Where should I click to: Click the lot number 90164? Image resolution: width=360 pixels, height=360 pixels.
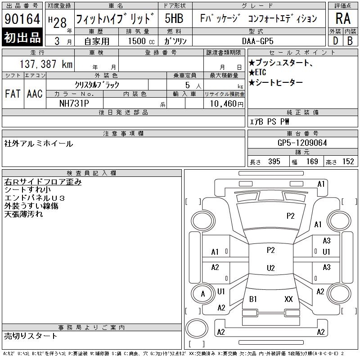coord(22,18)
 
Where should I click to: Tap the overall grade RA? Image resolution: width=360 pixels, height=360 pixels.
coord(343,18)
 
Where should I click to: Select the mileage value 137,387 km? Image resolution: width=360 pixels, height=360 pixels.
coord(46,64)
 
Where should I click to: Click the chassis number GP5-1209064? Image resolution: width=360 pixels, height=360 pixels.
coord(302,143)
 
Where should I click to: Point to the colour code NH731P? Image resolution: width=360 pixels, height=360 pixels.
coord(74,103)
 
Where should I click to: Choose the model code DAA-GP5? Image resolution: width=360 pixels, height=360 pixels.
coord(257,41)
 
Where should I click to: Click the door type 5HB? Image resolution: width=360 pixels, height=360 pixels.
coord(174,18)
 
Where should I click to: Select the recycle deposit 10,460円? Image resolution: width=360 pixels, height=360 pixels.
coord(226,104)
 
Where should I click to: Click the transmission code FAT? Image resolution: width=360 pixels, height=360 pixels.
coord(13,94)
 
